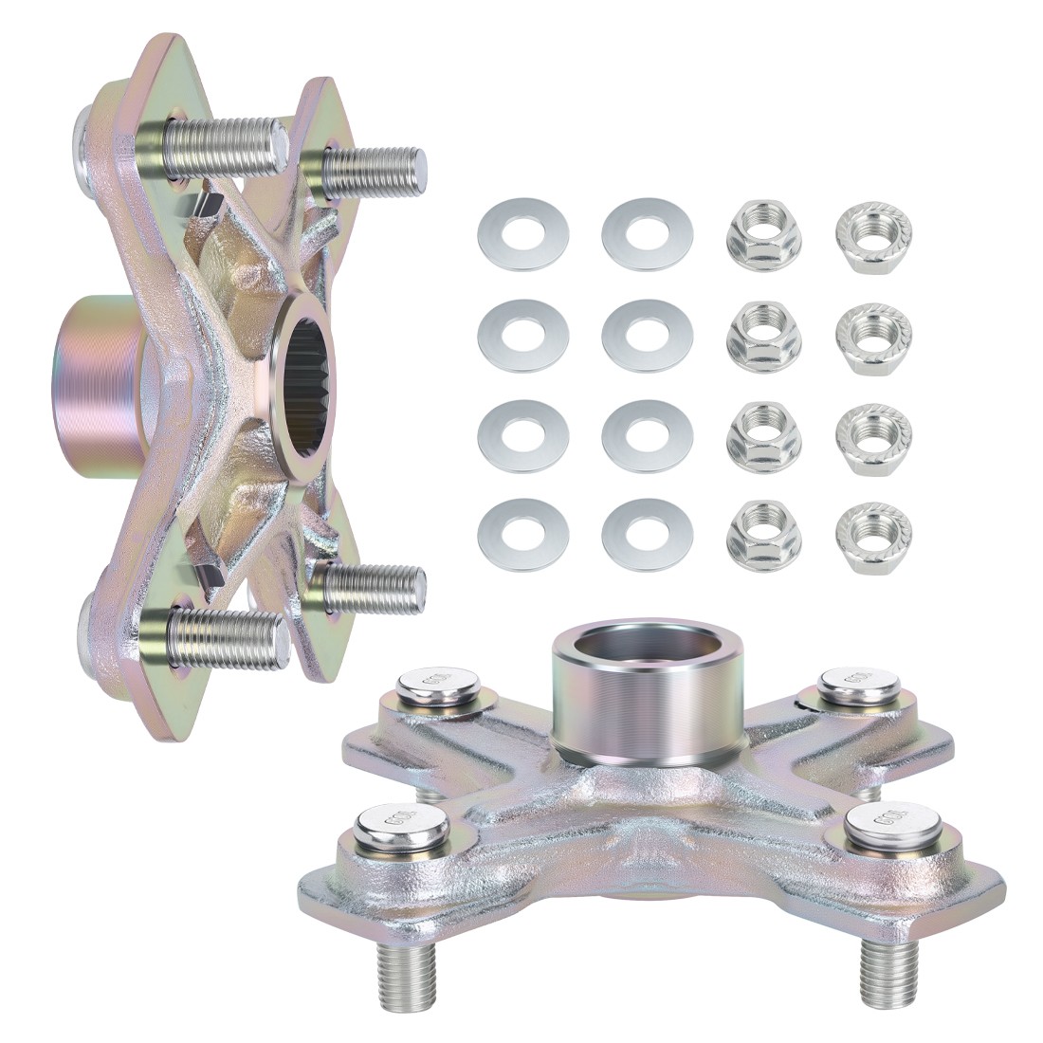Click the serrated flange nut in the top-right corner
click(x=871, y=231)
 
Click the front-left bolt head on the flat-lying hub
click(x=391, y=826)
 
